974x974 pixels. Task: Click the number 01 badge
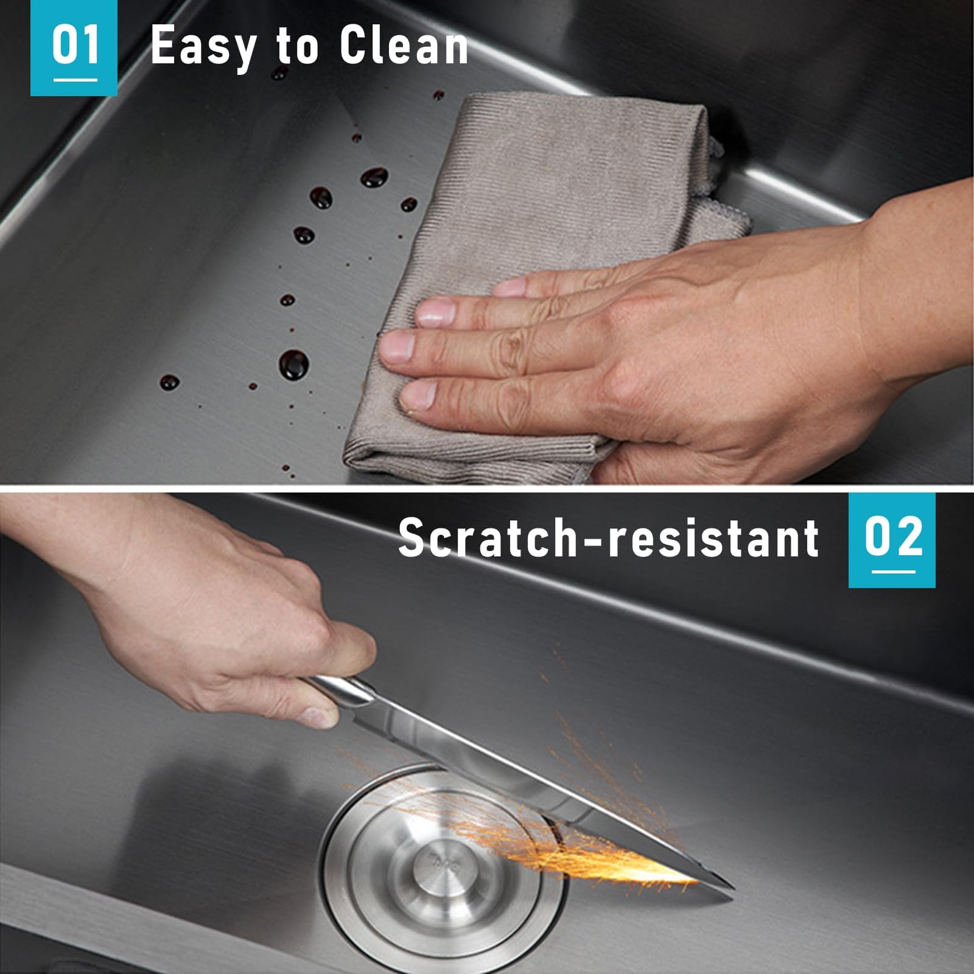74,47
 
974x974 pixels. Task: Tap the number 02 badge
892,540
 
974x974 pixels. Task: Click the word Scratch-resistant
609,538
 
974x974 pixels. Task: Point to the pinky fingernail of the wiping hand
419,395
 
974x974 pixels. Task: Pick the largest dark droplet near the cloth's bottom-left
293,365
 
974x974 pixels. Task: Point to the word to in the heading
297,47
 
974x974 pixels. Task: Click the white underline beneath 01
75,79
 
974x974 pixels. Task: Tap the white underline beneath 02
893,572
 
